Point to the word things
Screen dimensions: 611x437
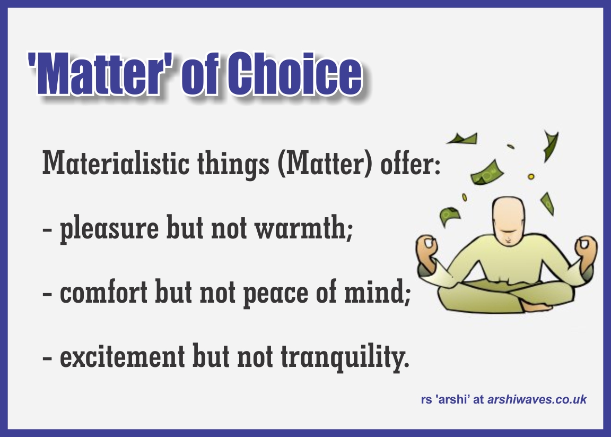tap(233, 164)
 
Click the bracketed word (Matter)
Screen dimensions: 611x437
tap(325, 163)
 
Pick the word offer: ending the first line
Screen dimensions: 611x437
tap(411, 162)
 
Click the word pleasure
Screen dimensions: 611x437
tap(109, 229)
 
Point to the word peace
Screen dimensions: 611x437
tap(276, 294)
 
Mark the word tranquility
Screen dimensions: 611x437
tap(345, 357)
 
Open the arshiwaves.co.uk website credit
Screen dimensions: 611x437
tap(537, 399)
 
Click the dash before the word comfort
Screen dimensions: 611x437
tap(47, 294)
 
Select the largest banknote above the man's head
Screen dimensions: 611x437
tap(487, 173)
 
